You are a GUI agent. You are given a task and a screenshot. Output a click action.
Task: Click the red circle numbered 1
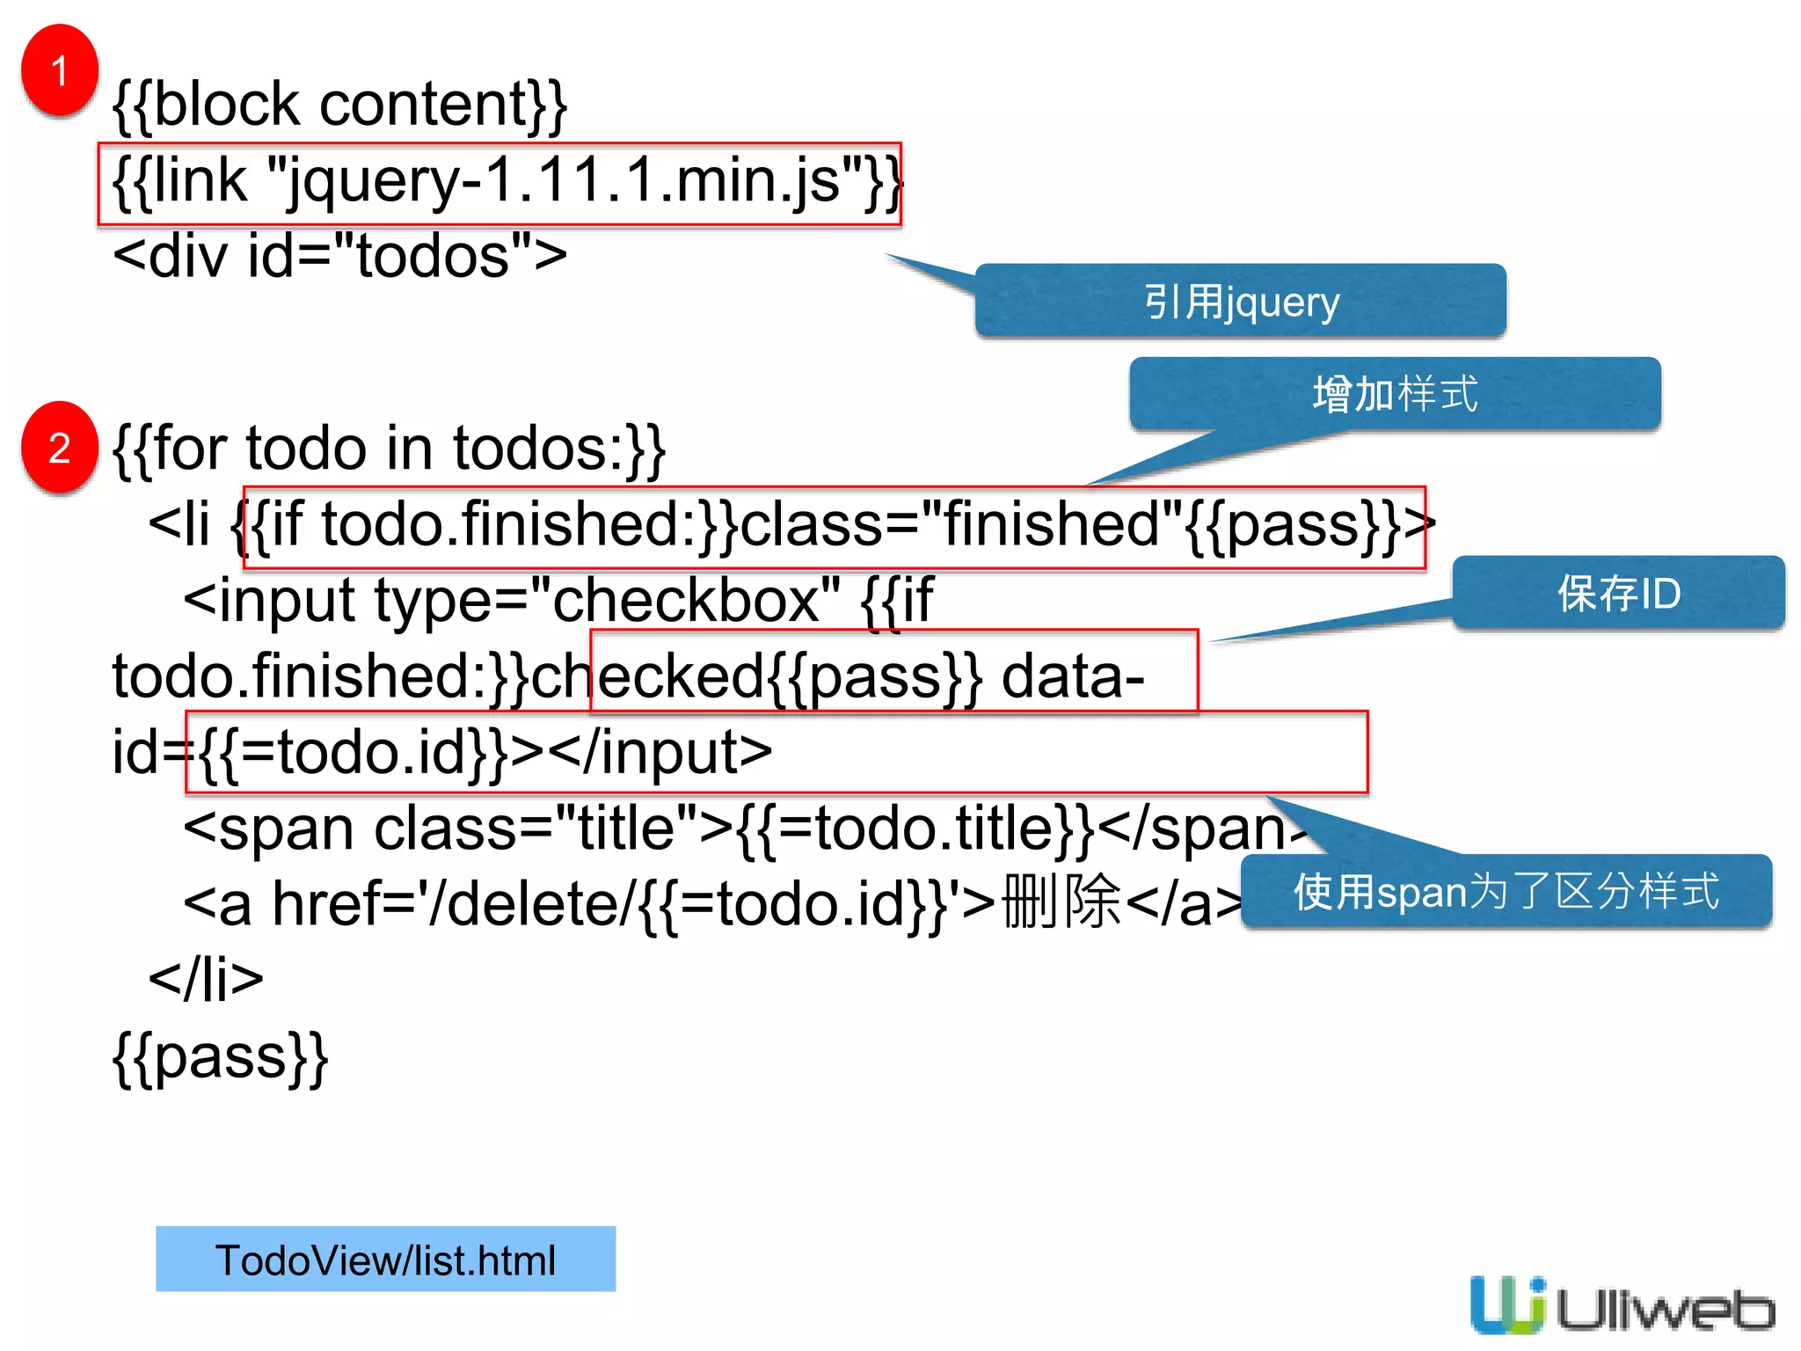coord(59,70)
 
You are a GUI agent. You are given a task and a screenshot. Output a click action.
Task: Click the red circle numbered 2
coord(59,448)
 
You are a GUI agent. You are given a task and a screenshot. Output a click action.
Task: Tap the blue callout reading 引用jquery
coord(1240,302)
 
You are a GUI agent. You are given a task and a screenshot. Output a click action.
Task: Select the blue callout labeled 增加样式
coord(1395,393)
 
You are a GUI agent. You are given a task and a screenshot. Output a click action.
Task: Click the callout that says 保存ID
coord(1618,593)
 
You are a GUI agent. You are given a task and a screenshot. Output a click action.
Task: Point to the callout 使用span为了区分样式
coord(1506,891)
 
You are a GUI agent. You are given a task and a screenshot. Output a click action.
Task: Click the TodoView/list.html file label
coord(385,1260)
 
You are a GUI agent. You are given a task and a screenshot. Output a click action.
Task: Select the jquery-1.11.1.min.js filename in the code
coord(563,181)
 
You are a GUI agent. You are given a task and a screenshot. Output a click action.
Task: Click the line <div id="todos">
coord(339,257)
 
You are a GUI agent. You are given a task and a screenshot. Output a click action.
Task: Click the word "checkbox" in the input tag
coord(686,601)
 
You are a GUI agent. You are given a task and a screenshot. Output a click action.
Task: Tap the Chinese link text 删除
coord(1062,903)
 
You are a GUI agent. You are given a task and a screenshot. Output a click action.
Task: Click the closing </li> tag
coord(206,979)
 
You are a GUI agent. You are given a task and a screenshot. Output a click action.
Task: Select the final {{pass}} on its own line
coord(220,1055)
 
